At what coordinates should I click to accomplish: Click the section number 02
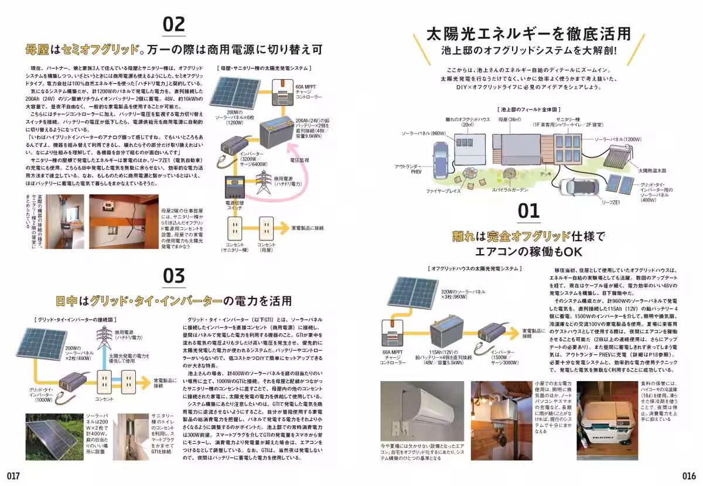173,25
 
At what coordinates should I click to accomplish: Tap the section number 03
173,276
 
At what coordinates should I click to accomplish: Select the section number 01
528,210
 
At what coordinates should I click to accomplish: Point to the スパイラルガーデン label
509,190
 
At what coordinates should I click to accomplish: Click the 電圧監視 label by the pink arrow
300,159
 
